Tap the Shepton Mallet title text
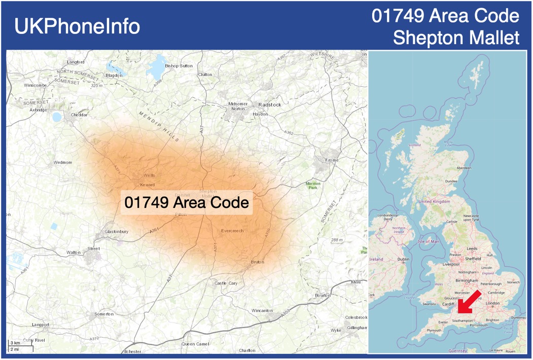pos(456,38)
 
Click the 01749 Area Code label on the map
pos(187,203)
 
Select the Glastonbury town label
pos(116,232)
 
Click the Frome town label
pos(332,161)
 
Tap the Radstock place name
pos(270,104)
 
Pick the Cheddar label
pos(79,115)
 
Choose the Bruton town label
pos(258,262)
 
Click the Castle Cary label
pos(226,283)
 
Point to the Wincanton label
pos(262,310)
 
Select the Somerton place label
pos(104,314)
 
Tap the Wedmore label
pos(63,163)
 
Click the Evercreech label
pos(232,231)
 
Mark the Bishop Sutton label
pos(179,66)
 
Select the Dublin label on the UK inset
pos(403,259)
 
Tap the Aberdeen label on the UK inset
pos(464,168)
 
